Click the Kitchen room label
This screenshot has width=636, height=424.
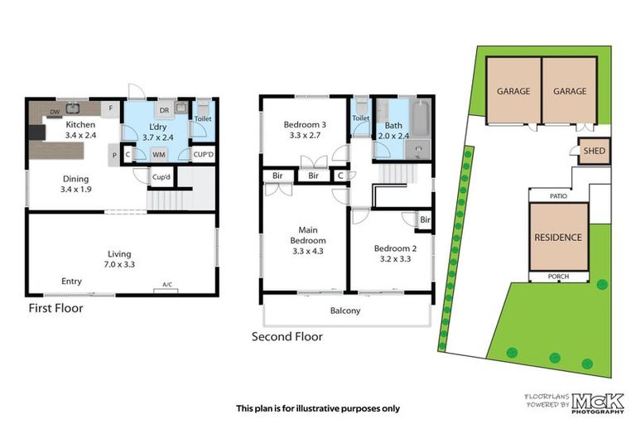click(x=81, y=126)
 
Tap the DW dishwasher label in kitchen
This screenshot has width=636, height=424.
click(x=54, y=111)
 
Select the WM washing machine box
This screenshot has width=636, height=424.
click(x=157, y=154)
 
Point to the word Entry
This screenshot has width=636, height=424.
click(x=72, y=282)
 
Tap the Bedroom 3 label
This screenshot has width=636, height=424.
click(x=295, y=125)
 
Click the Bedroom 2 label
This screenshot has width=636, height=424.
click(x=393, y=248)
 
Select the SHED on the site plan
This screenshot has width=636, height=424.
click(x=594, y=152)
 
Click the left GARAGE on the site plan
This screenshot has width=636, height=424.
click(x=513, y=91)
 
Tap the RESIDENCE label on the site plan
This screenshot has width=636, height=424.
click(x=557, y=237)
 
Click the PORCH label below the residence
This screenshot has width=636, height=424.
click(x=558, y=277)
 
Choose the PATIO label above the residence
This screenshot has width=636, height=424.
click(x=559, y=196)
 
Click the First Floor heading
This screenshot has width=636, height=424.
click(x=56, y=308)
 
